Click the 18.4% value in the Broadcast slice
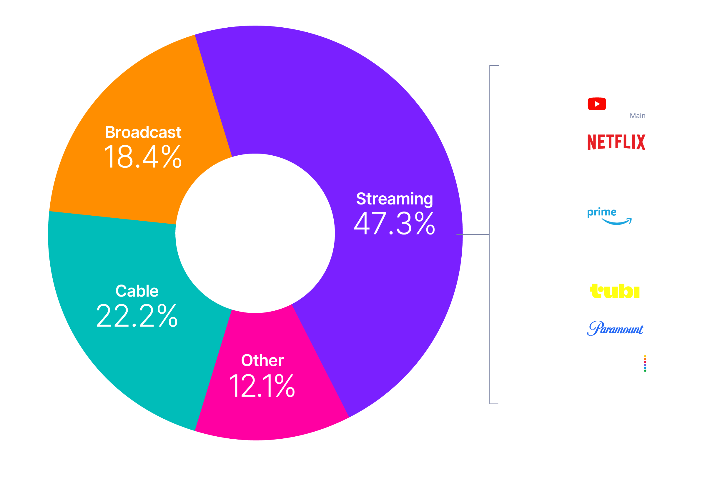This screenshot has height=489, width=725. pos(142,157)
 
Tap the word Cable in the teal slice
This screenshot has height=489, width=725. pos(137,291)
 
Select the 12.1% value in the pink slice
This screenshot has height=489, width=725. pos(262,386)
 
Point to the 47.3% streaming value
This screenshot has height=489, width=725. pos(395,224)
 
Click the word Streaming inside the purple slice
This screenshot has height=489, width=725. pos(395,199)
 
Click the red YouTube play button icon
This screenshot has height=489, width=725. pos(596,104)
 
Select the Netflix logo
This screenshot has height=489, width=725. pos(616,142)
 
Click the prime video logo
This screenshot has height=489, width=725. pos(616,215)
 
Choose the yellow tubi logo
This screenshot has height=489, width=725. pos(614,291)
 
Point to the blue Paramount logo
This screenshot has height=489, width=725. pos(615,328)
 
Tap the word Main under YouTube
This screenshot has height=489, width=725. pos(637,116)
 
